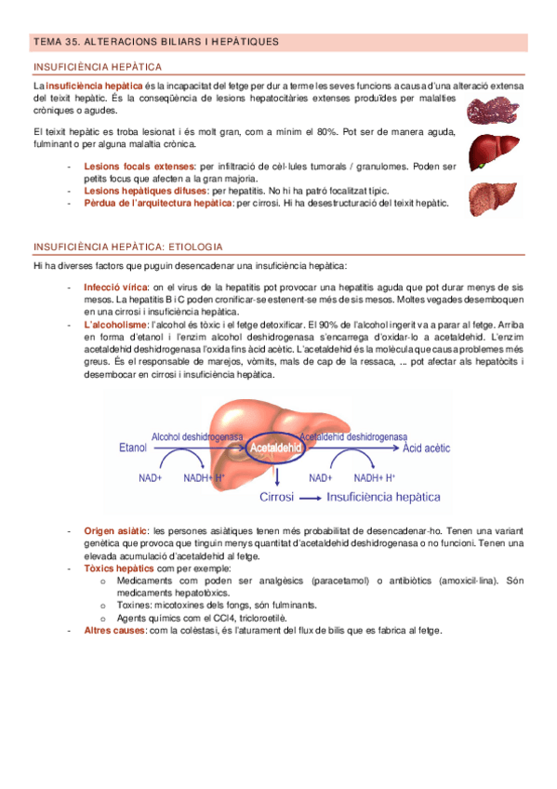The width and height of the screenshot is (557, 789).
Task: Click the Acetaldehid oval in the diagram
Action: [277, 448]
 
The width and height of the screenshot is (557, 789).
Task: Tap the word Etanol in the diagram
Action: [133, 448]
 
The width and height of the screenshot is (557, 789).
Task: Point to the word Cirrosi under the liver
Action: [277, 497]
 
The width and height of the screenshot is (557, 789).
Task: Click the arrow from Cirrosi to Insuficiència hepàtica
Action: [310, 498]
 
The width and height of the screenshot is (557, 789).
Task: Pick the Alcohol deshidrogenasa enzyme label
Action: [197, 435]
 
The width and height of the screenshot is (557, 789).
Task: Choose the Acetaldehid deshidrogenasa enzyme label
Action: [353, 435]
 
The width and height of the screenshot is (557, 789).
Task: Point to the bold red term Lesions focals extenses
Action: [139, 167]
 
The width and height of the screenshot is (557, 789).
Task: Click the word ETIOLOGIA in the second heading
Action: [193, 247]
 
